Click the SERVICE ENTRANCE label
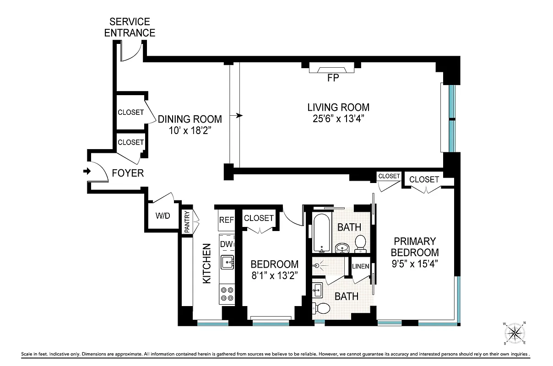(130, 27)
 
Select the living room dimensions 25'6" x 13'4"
(338, 119)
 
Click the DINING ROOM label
(190, 119)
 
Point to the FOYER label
(128, 173)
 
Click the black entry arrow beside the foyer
(86, 172)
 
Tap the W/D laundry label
(163, 216)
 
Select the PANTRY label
(187, 222)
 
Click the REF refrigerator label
(226, 220)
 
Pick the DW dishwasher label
(227, 244)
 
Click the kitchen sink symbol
(227, 262)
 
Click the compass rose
(516, 332)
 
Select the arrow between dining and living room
(239, 116)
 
